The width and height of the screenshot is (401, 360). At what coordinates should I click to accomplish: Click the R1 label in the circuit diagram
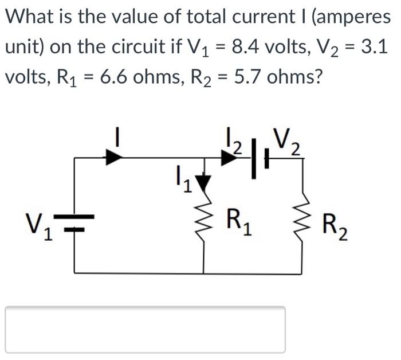click(238, 220)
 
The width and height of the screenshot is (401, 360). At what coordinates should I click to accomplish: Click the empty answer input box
click(145, 330)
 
